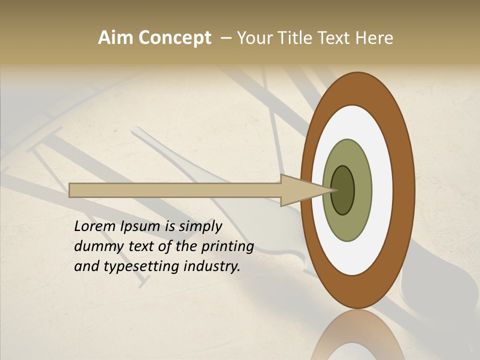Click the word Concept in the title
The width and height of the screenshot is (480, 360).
pos(174,38)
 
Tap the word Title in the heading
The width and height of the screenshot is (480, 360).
pos(295,38)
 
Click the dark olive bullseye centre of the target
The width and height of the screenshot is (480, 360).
pos(342,190)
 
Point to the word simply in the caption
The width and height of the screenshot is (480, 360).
pos(200,226)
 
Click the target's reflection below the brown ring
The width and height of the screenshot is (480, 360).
pos(357,337)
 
